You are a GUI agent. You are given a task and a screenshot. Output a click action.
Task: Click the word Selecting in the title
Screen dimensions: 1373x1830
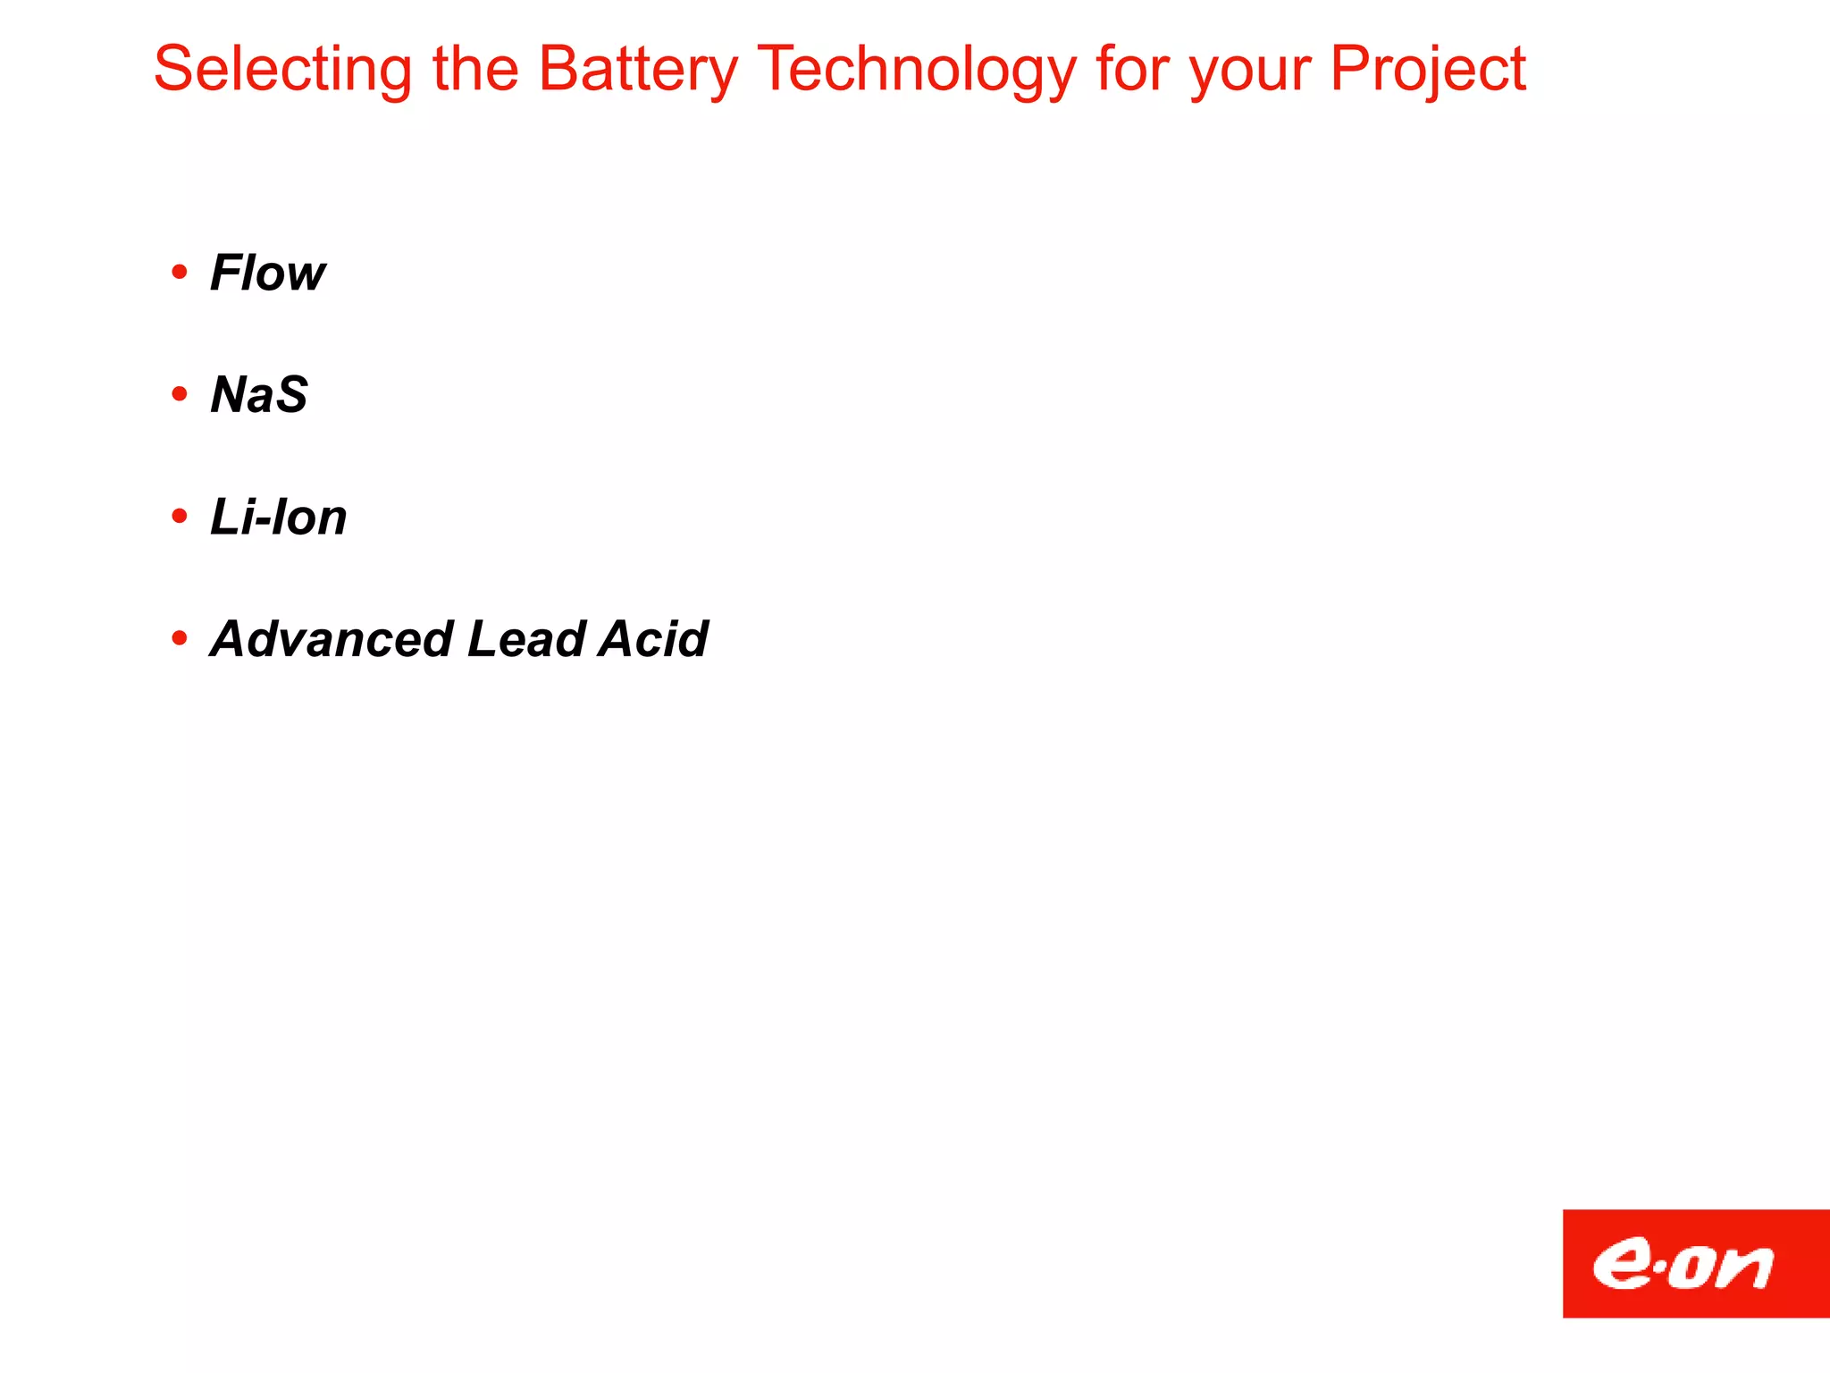pyautogui.click(x=282, y=70)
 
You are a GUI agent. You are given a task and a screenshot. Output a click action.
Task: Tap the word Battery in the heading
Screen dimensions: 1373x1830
pyautogui.click(x=638, y=70)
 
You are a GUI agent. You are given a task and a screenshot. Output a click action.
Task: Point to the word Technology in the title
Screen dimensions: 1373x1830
pyautogui.click(x=916, y=70)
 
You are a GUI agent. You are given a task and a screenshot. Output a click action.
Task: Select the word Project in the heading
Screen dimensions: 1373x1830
pyautogui.click(x=1428, y=70)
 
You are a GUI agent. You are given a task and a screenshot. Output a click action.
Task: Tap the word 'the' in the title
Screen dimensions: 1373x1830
pyautogui.click(x=475, y=70)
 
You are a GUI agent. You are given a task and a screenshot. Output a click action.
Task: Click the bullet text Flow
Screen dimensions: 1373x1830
pyautogui.click(x=267, y=273)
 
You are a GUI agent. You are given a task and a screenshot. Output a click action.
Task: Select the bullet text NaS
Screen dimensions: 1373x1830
pyautogui.click(x=259, y=394)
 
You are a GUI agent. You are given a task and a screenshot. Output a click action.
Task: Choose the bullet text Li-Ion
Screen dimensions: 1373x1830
pyautogui.click(x=278, y=517)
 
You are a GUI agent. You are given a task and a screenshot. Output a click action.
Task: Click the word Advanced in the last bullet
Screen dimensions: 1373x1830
pyautogui.click(x=332, y=639)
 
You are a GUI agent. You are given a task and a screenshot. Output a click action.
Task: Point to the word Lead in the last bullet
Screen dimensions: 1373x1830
pyautogui.click(x=526, y=639)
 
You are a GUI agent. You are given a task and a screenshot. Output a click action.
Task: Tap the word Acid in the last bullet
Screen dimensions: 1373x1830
pyautogui.click(x=653, y=639)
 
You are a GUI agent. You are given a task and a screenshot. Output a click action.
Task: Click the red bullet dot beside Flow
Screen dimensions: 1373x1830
pyautogui.click(x=180, y=271)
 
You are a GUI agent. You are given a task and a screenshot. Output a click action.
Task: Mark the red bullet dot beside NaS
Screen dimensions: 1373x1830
pyautogui.click(x=180, y=393)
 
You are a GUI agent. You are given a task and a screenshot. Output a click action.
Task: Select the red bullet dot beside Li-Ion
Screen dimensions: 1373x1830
pyautogui.click(x=180, y=516)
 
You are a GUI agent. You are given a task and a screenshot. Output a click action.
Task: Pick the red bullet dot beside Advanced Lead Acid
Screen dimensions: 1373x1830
pyautogui.click(x=180, y=638)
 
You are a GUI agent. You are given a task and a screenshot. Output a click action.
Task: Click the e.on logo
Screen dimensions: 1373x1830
pyautogui.click(x=1695, y=1263)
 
